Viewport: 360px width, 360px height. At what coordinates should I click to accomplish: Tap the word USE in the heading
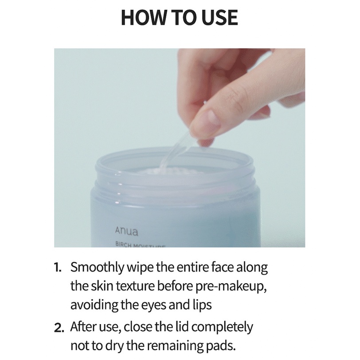(219, 18)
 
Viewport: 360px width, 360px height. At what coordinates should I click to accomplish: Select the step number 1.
(59, 269)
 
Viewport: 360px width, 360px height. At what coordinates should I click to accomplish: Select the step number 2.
(59, 328)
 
